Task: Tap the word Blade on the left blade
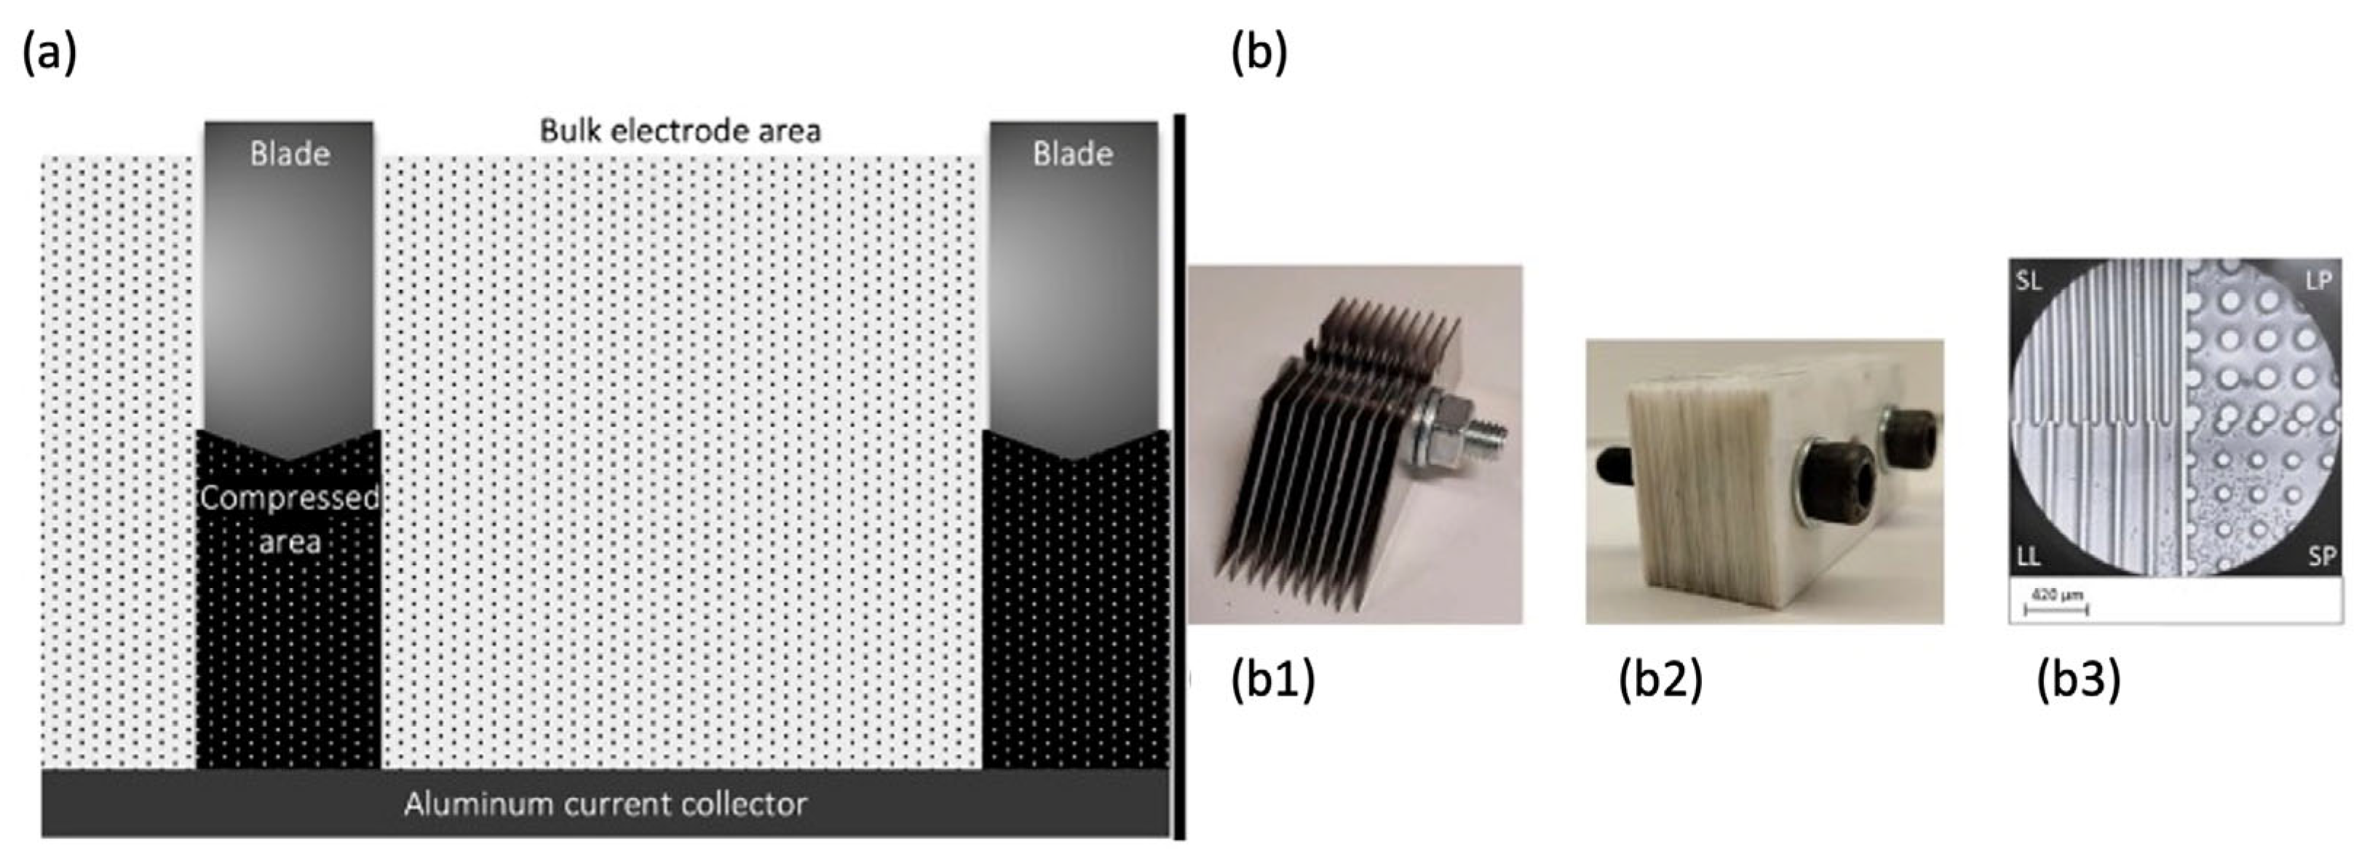pos(290,154)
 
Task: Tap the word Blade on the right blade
pos(1072,154)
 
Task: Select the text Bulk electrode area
pos(680,131)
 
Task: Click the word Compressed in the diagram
pos(290,498)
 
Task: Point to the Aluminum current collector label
pos(606,804)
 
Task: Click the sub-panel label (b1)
pos(1273,681)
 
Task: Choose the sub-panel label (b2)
pos(1660,681)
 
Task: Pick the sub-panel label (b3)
pos(2078,681)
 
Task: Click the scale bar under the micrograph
pos(2057,608)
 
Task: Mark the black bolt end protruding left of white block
pos(1611,466)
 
